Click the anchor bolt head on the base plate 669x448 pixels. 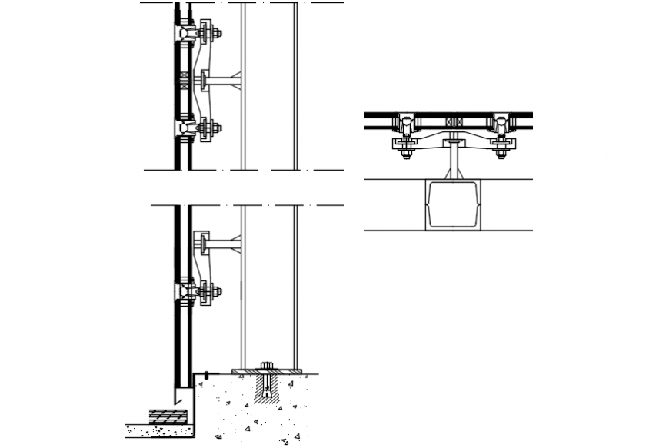click(x=268, y=366)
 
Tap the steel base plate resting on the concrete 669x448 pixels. click(x=268, y=373)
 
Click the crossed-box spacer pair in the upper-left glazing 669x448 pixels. click(x=184, y=80)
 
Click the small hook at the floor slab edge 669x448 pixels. click(x=207, y=376)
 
